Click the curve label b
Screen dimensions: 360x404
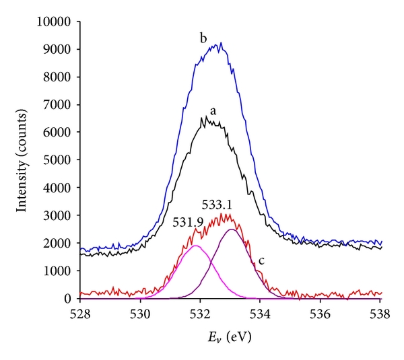[203, 38]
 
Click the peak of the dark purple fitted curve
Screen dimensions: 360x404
[232, 229]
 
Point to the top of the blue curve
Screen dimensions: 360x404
[221, 43]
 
